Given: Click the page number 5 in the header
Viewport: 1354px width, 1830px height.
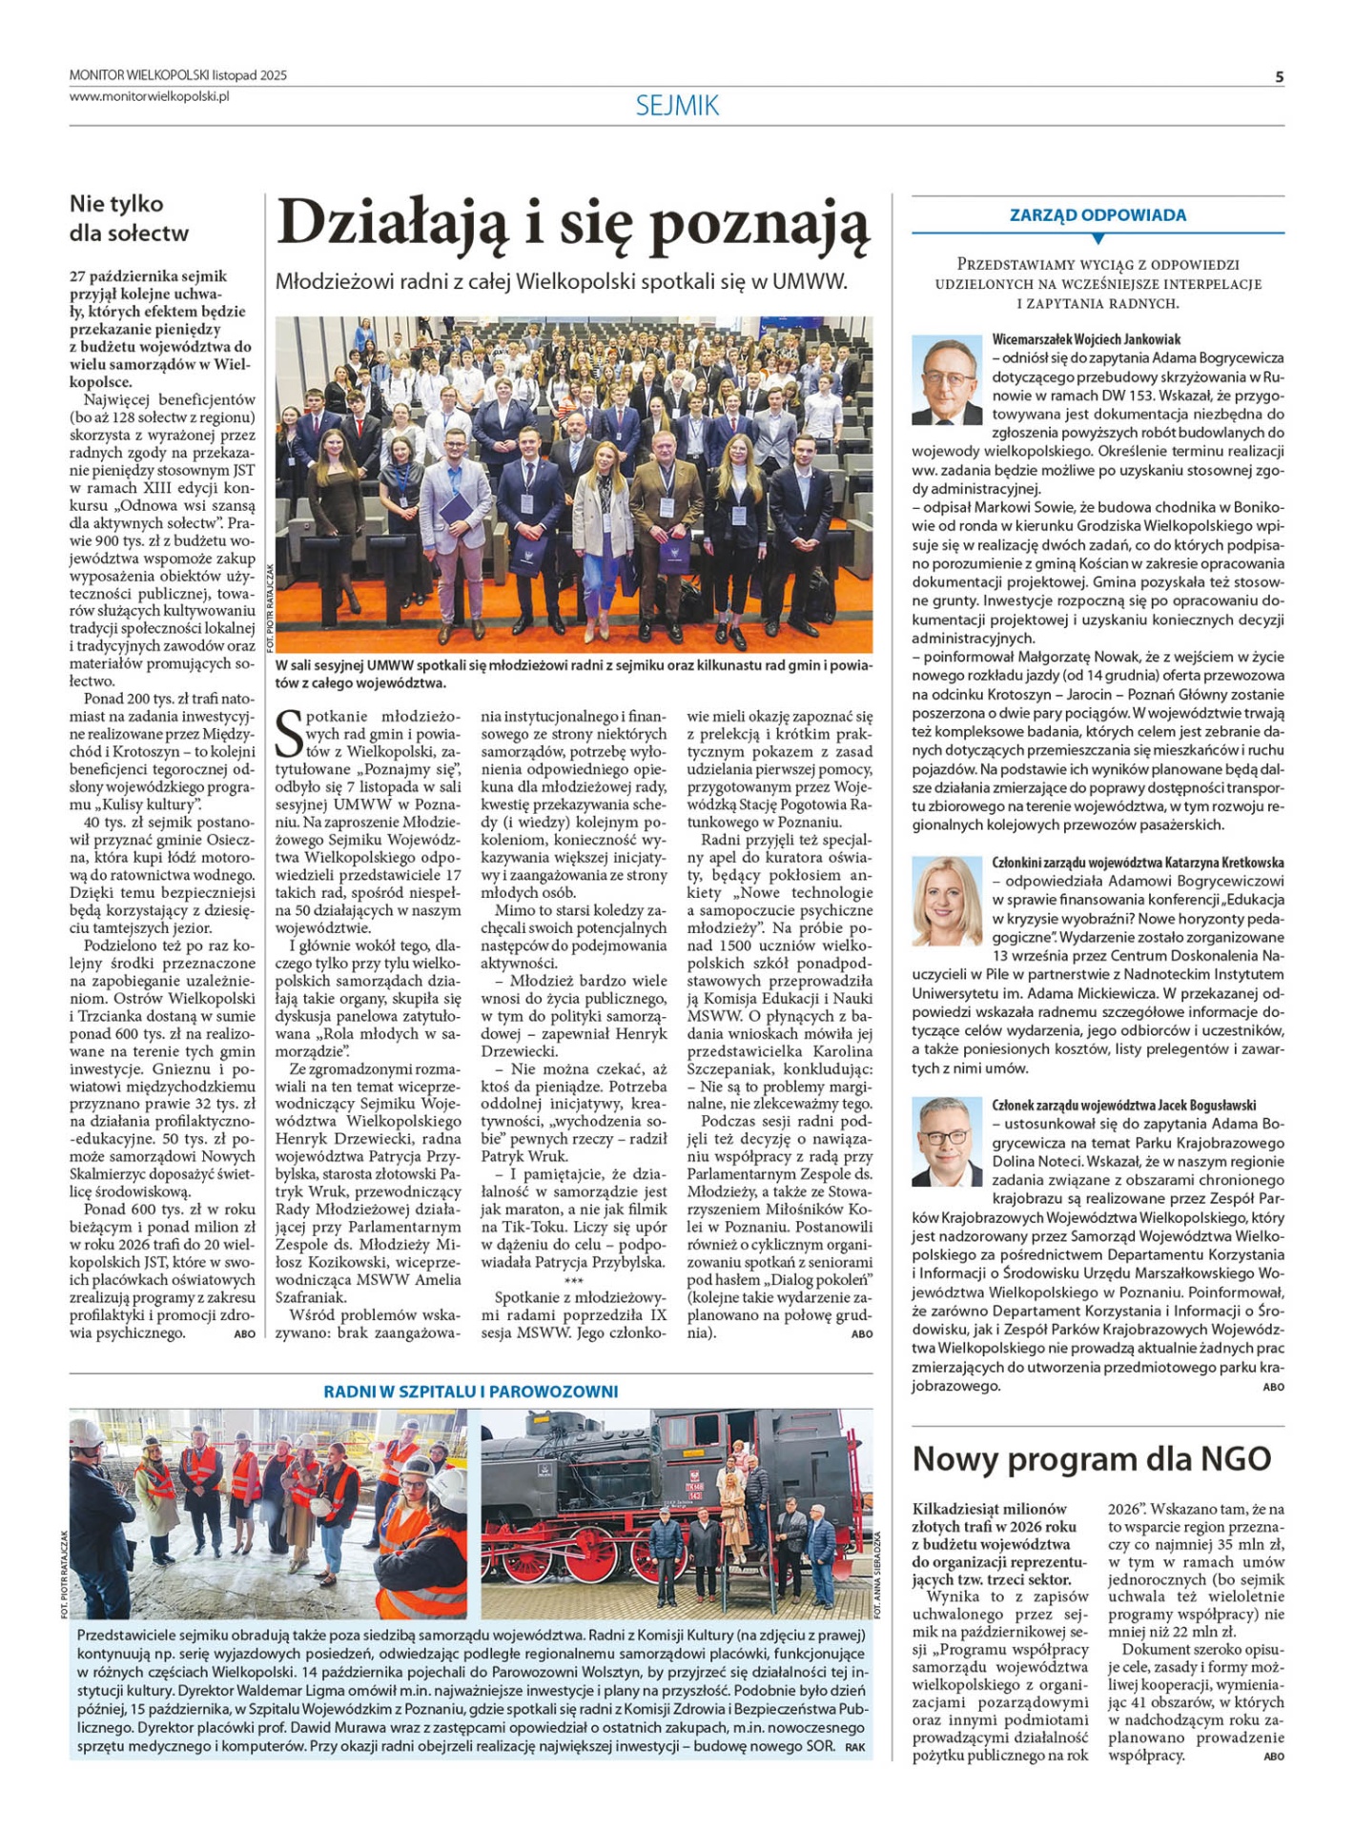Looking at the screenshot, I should (1279, 76).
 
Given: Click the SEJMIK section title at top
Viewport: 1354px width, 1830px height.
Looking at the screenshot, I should (677, 106).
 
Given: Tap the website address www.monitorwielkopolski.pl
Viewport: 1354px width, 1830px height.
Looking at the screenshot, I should (149, 95).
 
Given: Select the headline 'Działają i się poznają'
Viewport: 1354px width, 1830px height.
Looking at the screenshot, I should (572, 224).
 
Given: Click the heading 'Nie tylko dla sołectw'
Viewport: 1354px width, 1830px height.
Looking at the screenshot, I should (129, 217).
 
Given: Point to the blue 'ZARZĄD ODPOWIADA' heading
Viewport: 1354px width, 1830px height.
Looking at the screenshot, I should (1098, 215).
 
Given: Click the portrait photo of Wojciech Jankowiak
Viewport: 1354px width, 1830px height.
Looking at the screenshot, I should (947, 379).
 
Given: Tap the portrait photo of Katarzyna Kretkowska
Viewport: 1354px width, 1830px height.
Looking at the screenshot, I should (947, 901).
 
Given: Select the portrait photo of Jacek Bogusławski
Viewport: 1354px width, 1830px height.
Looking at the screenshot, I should (947, 1141).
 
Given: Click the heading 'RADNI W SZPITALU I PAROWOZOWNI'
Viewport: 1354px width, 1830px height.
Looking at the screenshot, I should (471, 1392).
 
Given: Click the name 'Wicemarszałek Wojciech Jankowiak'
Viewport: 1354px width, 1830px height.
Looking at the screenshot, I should (1086, 339).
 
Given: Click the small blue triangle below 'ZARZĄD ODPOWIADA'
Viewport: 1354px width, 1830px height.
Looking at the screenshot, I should (1098, 238).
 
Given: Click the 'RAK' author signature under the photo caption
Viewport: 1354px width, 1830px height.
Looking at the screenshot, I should (854, 1747).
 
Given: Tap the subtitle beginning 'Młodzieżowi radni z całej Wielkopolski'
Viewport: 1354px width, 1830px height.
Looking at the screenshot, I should (561, 281).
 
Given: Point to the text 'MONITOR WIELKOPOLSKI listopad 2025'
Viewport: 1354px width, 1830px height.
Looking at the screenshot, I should (178, 75).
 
